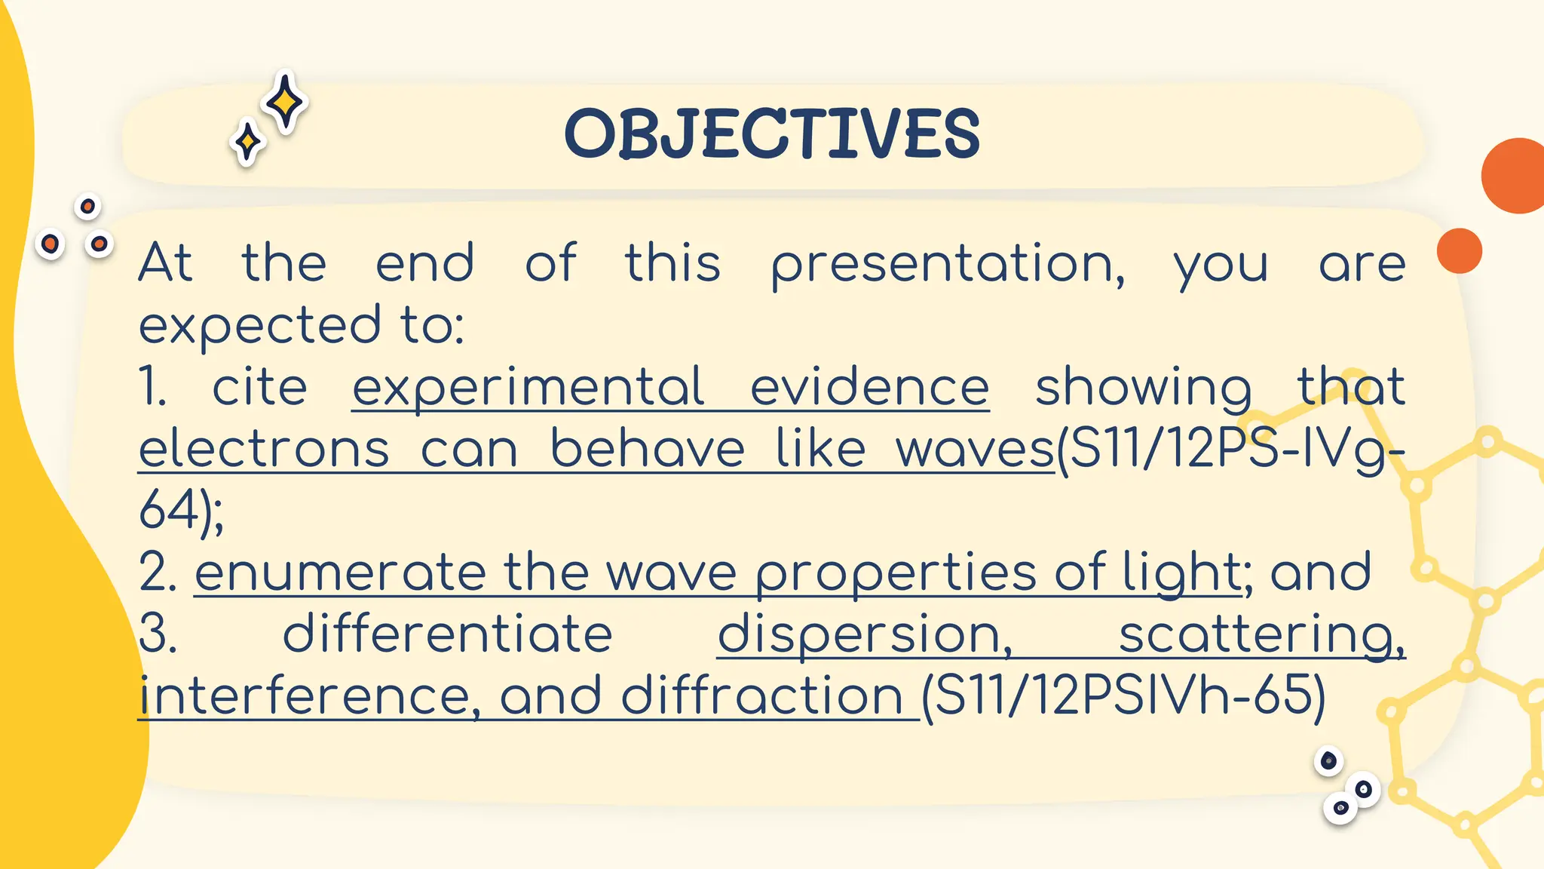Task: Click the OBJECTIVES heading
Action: pos(772,134)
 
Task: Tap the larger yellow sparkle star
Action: pos(285,102)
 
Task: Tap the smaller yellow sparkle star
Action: pos(247,141)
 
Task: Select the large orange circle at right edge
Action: pos(1515,176)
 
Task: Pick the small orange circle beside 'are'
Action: pos(1460,250)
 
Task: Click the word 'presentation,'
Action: pos(948,265)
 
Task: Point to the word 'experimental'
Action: pos(528,388)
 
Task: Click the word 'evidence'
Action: pos(869,388)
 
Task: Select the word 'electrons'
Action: pos(264,450)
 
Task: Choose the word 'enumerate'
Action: pos(340,573)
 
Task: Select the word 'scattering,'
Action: pos(1261,635)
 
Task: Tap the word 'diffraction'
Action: pos(761,696)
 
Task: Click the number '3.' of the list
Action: pos(158,634)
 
